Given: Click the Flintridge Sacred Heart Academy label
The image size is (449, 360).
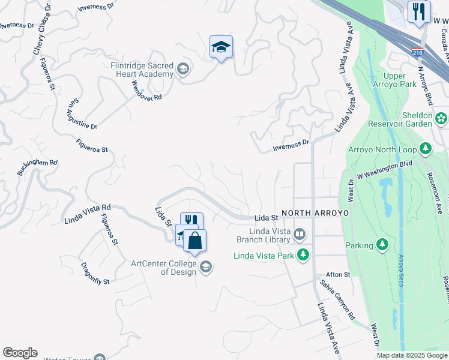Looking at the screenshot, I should (x=142, y=70).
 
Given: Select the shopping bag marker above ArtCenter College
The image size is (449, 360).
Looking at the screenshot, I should (x=194, y=241).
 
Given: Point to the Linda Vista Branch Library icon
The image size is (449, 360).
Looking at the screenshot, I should (x=299, y=233).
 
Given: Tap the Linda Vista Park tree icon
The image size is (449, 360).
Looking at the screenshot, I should (x=304, y=255).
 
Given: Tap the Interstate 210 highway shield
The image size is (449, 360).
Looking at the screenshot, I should (x=418, y=53).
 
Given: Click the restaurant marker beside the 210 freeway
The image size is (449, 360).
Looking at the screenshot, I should (x=418, y=11).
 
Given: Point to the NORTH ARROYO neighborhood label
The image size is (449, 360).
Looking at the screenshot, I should (x=311, y=213).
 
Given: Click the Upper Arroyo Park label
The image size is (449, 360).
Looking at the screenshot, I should (x=400, y=80).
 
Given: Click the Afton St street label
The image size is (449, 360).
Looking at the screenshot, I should (x=339, y=274).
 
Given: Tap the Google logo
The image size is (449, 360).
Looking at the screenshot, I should (x=20, y=353).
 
